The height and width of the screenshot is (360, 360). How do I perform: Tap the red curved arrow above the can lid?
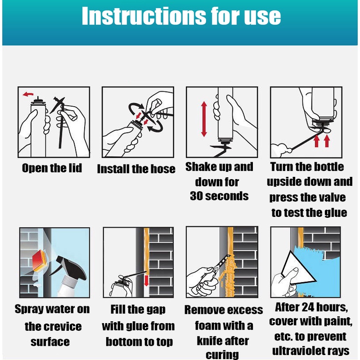(28, 94)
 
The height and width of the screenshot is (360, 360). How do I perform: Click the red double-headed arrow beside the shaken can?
(204, 119)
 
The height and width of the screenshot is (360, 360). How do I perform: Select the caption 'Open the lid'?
(52, 168)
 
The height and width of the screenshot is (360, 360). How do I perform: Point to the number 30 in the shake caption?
(197, 196)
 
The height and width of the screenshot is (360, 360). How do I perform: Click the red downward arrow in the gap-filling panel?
(146, 281)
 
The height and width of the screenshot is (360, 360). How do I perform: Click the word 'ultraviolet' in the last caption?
(298, 351)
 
